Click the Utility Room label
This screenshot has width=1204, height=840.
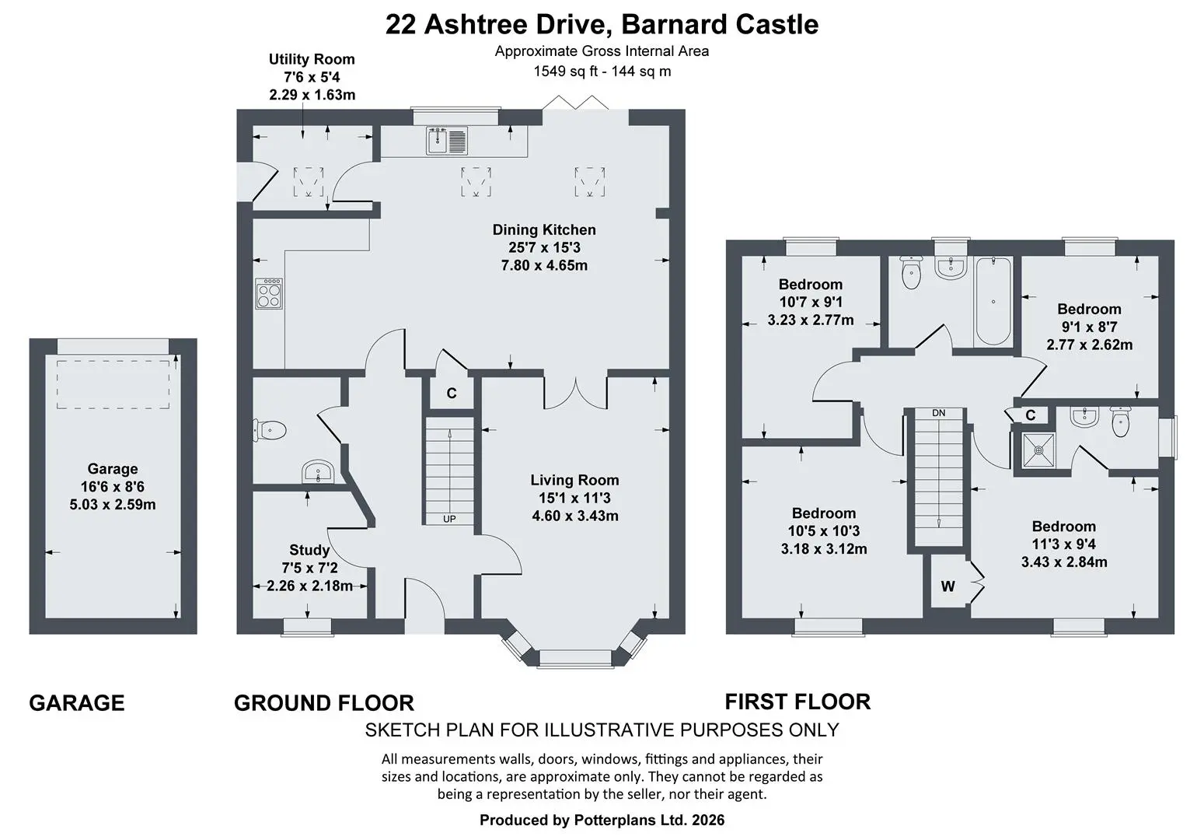pos(312,59)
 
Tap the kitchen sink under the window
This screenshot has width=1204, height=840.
pos(447,141)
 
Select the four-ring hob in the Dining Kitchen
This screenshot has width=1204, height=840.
pos(269,294)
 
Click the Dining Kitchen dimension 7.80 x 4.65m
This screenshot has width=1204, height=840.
pos(544,266)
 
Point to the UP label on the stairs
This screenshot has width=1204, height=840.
pos(449,519)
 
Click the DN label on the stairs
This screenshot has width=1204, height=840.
pos(938,413)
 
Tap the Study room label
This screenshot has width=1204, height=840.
pos(309,550)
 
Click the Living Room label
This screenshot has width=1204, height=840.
pos(574,480)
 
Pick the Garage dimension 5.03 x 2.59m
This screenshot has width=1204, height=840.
pos(113,505)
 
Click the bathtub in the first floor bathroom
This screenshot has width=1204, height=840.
pos(993,301)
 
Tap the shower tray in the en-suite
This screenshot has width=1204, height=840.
pos(1038,450)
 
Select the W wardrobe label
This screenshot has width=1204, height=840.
pos(947,586)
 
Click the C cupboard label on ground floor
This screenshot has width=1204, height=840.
pos(452,394)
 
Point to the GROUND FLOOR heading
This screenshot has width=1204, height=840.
pos(324,703)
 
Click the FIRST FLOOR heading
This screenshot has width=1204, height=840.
pos(797,702)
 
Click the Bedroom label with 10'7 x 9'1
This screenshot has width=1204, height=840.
pos(811,285)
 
